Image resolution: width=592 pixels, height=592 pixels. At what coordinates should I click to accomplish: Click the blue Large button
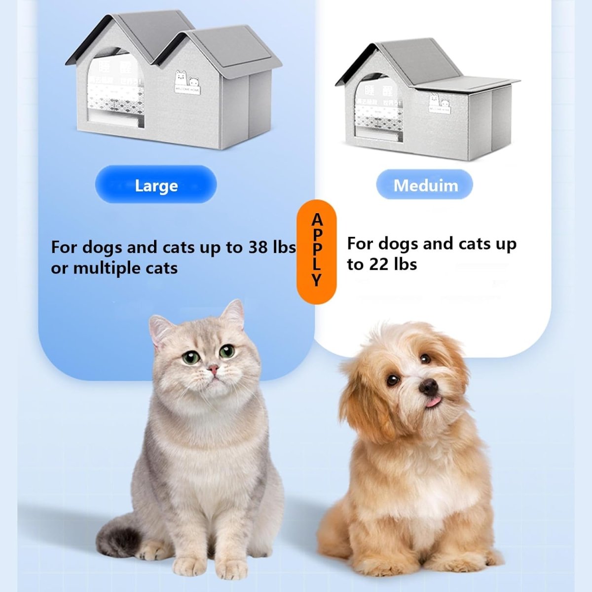point(156,185)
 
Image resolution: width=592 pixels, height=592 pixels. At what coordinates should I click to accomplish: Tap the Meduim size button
point(425,185)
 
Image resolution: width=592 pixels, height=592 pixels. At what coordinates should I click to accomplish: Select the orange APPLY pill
point(317,252)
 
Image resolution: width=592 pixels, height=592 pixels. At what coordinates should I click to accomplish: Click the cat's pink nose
point(213,369)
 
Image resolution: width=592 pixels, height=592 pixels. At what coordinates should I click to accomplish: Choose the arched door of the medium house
point(378,106)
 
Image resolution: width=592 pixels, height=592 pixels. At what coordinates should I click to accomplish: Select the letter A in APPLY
point(317,219)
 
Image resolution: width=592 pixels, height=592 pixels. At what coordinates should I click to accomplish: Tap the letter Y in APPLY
point(317,281)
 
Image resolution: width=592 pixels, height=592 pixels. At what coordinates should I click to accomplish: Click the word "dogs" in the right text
point(399,244)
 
